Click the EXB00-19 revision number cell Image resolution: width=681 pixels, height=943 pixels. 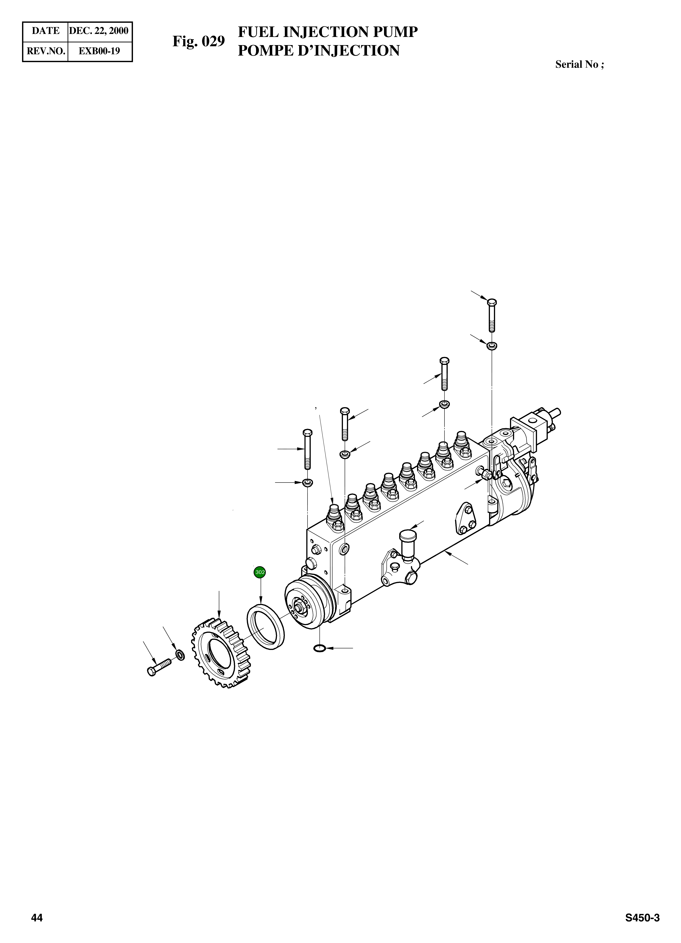pos(99,51)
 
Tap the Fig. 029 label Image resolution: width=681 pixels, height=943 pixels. pos(199,41)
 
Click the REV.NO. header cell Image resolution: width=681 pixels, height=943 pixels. pos(45,51)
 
